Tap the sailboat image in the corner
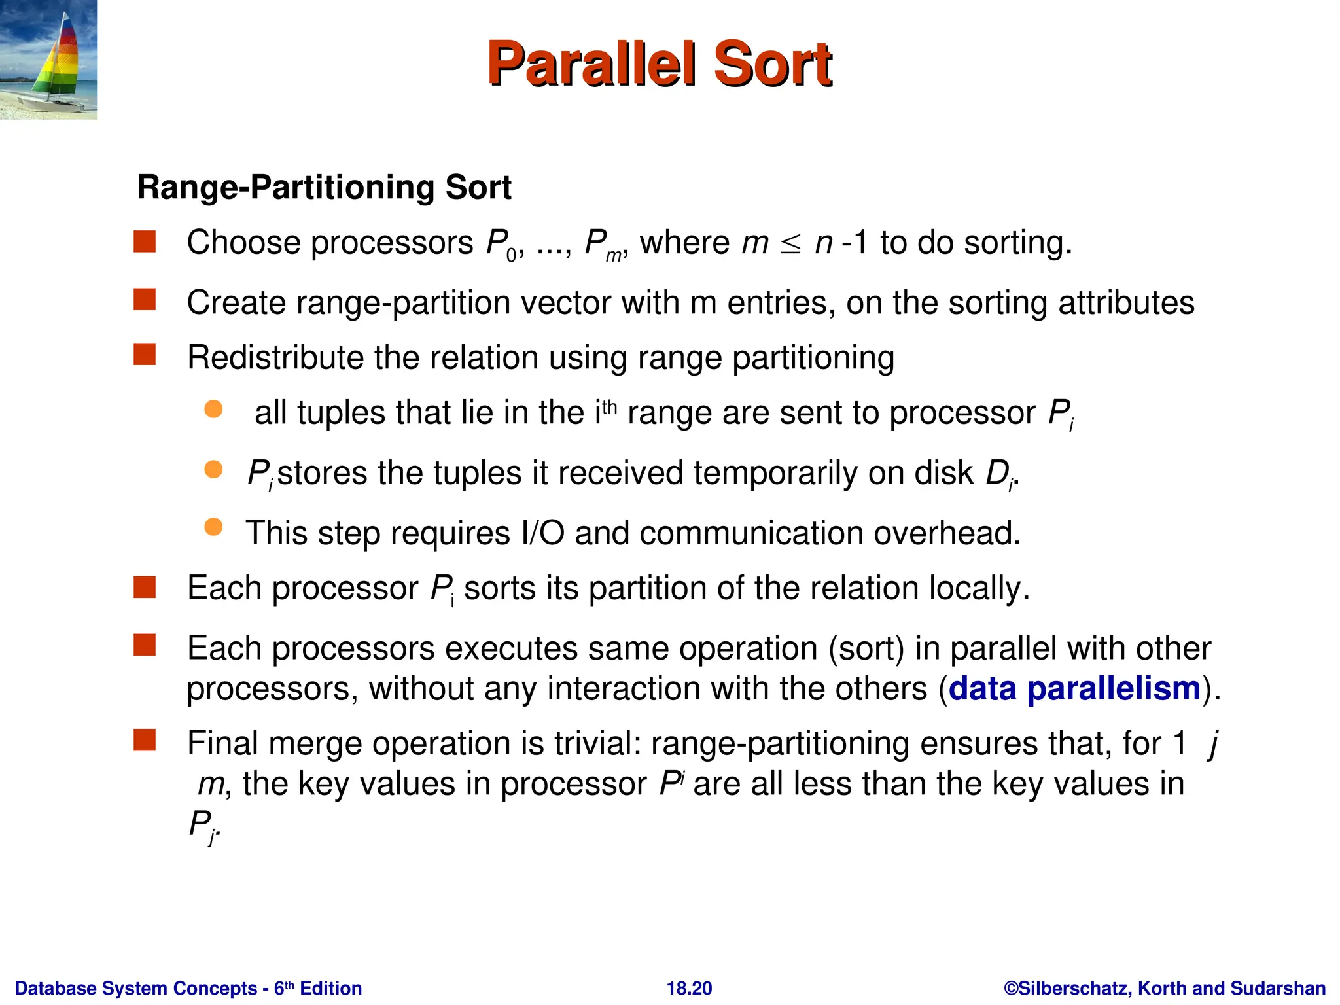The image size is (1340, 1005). tap(48, 60)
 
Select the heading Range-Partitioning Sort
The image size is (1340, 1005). tap(324, 188)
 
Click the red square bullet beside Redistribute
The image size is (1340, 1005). tap(145, 355)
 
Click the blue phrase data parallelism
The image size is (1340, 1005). tap(1074, 689)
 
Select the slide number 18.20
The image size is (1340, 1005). tap(689, 988)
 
